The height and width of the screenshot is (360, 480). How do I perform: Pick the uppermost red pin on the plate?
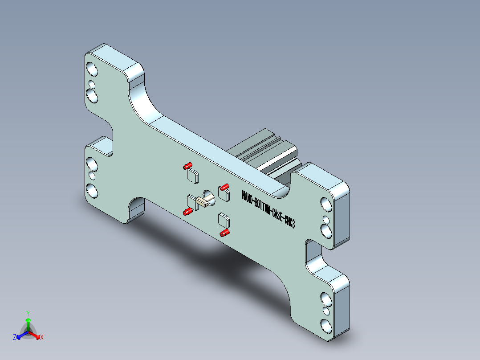[187, 166]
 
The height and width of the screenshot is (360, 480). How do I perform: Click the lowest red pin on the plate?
[224, 233]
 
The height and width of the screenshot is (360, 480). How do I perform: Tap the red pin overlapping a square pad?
[224, 187]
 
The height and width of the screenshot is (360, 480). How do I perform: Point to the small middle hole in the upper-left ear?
[92, 84]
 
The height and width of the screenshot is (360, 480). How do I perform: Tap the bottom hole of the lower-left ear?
[92, 190]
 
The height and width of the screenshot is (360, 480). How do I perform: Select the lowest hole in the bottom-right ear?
[325, 326]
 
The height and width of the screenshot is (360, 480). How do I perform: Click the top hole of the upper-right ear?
[326, 205]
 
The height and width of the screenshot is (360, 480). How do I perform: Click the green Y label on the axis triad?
[28, 313]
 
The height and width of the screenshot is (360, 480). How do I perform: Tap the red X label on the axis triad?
[42, 338]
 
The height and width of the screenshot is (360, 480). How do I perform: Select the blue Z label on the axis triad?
[15, 338]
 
